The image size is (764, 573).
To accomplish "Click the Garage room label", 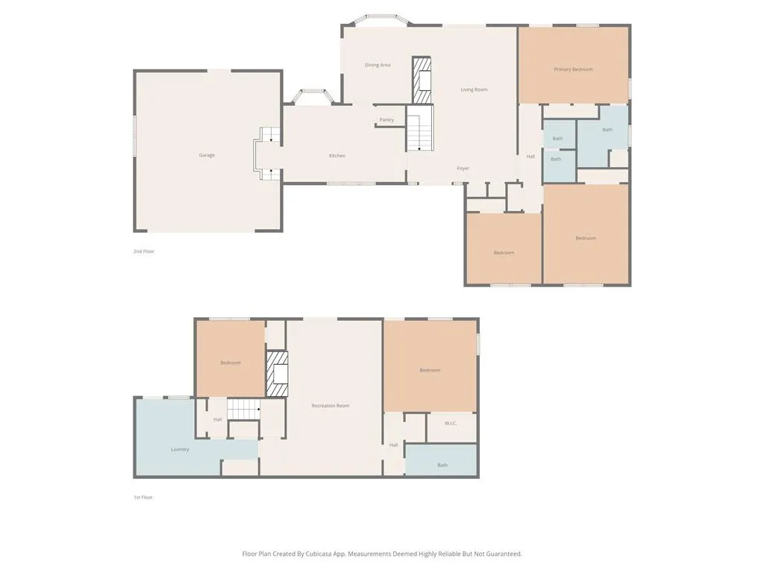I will tap(207, 155).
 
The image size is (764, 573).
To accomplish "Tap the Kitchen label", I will tap(337, 156).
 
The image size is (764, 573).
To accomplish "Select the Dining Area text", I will tap(378, 65).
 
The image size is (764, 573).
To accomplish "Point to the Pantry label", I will tap(386, 120).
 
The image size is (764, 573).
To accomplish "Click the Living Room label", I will tap(474, 90).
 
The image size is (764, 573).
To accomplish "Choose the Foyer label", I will tap(463, 169).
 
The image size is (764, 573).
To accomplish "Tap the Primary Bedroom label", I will tap(573, 69).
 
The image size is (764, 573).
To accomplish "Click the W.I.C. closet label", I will tap(451, 423).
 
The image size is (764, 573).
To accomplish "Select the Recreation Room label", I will tap(331, 406).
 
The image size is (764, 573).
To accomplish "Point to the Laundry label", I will tap(180, 449).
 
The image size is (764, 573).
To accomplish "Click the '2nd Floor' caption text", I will tap(144, 251).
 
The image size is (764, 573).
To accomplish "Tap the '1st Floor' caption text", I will tap(143, 497).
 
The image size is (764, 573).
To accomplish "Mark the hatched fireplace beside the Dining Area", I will tap(423, 81).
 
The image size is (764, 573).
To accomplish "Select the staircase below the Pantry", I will tap(420, 128).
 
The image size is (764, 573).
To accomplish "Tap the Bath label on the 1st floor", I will tap(442, 465).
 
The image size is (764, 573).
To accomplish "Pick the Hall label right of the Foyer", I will tap(530, 157).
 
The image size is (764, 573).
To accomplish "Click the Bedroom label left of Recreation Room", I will tap(231, 363).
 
